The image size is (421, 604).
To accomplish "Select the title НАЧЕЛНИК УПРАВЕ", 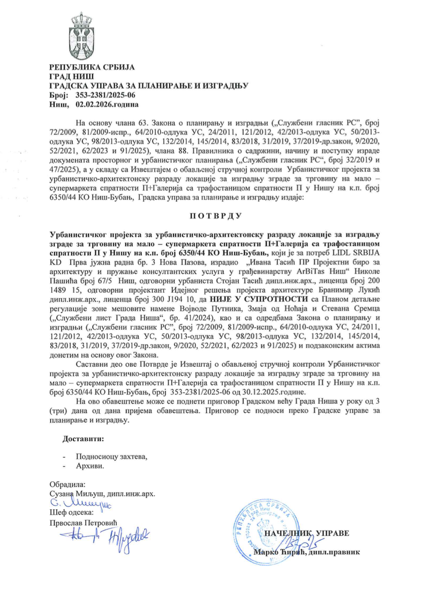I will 304,534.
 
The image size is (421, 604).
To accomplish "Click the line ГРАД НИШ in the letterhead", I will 67,77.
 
